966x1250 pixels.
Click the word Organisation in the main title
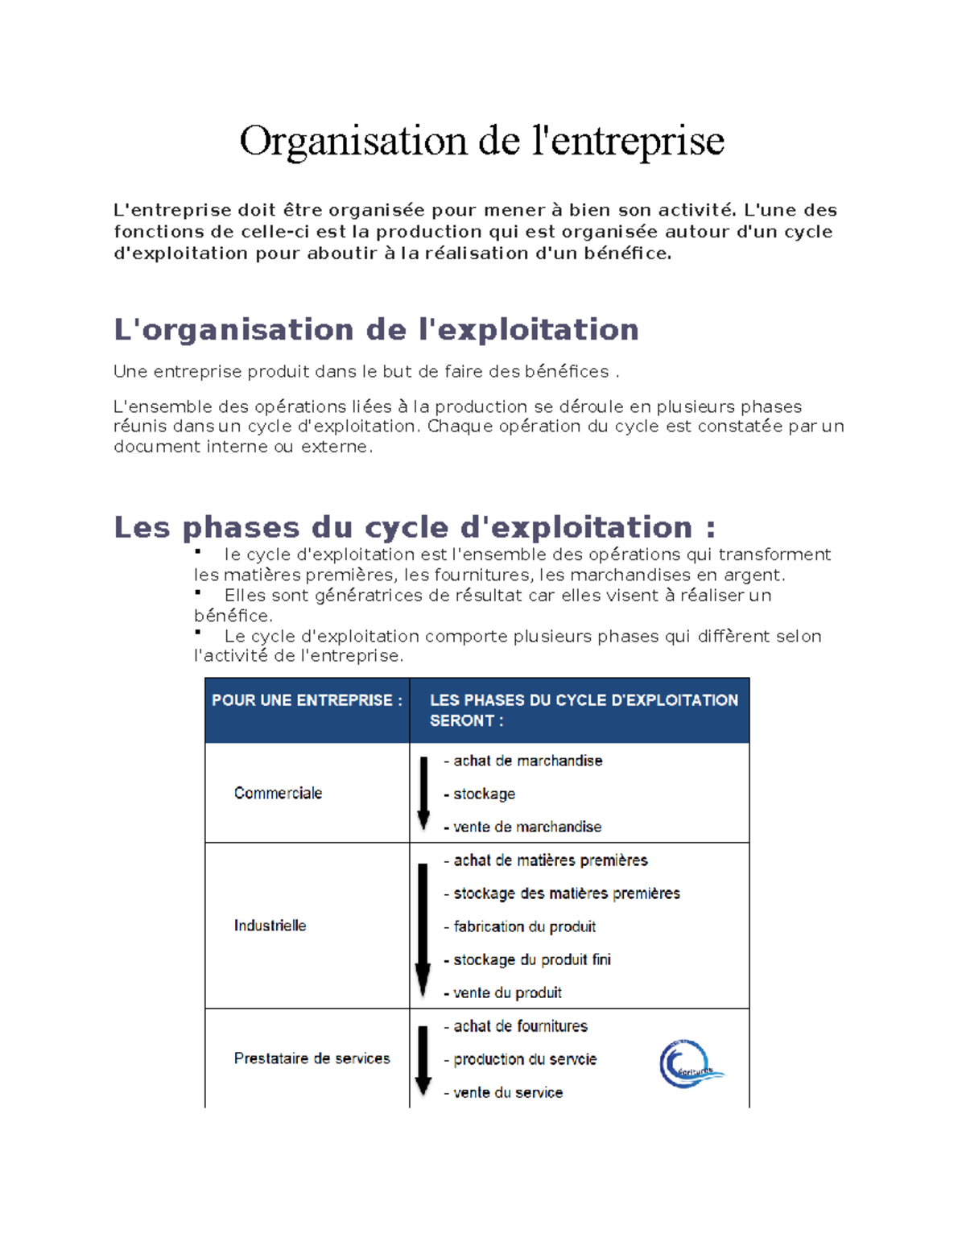coord(353,142)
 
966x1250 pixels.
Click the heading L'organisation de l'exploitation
coord(376,330)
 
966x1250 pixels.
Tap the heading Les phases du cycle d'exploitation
coord(414,528)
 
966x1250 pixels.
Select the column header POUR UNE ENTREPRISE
coord(307,700)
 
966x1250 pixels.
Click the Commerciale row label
coord(278,794)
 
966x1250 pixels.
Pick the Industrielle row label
coord(270,926)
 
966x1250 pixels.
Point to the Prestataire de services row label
coord(312,1058)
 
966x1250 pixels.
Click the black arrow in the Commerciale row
coord(423,793)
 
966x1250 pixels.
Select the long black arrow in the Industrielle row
coord(423,930)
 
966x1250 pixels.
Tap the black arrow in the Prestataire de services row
coord(423,1060)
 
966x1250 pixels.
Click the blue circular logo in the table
coord(688,1064)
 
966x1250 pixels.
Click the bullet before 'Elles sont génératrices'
coord(197,592)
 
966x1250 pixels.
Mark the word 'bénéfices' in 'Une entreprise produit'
coord(567,372)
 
